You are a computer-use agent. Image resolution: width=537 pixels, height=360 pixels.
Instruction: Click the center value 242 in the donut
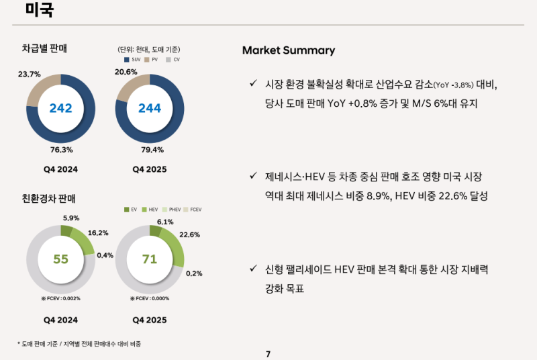pos(60,108)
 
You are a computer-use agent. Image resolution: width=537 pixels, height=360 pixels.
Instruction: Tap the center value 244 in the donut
pos(149,108)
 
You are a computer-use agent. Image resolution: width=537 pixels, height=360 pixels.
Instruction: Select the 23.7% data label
pos(30,74)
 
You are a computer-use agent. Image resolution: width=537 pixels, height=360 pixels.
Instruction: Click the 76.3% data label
pos(62,150)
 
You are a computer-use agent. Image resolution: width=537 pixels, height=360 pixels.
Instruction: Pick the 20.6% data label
pos(126,72)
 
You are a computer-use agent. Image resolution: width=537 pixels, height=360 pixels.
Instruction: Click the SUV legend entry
pos(132,60)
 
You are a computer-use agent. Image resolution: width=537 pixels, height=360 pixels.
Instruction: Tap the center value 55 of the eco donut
pos(60,259)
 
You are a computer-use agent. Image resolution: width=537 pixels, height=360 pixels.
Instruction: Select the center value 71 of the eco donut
pos(149,259)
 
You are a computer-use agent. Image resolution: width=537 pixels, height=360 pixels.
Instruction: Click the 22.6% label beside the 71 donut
pos(190,235)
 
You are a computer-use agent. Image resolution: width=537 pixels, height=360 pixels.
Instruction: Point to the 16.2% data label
pos(98,233)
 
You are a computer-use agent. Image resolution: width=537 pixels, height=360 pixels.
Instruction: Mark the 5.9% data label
pos(71,218)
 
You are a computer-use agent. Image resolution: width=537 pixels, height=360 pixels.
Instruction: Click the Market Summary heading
pos(288,50)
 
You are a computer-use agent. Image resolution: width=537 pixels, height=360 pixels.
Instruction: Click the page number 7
pos(268,354)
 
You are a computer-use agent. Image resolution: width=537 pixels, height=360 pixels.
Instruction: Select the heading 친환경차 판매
pos(49,198)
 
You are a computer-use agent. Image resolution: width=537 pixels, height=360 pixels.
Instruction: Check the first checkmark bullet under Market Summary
pos(253,83)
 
